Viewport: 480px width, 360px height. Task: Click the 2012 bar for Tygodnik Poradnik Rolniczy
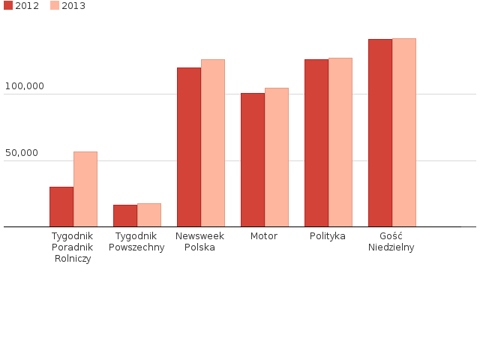[61, 207]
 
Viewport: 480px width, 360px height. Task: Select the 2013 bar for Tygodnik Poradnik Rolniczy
[85, 189]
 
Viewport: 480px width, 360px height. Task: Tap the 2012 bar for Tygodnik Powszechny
[125, 216]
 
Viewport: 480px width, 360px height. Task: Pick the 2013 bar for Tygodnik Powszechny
[149, 215]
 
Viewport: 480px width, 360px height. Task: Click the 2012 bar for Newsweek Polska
[189, 147]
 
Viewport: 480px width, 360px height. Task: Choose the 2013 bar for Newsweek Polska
[213, 143]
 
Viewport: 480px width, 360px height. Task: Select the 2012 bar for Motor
[253, 160]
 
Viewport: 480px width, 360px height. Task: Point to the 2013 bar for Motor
[277, 157]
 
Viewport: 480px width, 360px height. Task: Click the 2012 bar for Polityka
[316, 143]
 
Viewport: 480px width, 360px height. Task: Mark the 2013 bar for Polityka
[340, 142]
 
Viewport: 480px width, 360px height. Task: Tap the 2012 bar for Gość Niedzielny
[380, 133]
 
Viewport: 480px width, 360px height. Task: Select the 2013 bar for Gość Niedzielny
[404, 133]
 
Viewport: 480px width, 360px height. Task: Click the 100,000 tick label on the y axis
[25, 86]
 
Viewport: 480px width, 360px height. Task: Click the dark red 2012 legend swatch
[8, 6]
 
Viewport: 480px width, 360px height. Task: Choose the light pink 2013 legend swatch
[55, 6]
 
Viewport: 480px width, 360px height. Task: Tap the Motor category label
[264, 236]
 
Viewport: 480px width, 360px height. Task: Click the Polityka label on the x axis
[328, 236]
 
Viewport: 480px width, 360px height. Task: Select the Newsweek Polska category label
[199, 241]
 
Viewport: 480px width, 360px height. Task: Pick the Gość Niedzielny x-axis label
[391, 241]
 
